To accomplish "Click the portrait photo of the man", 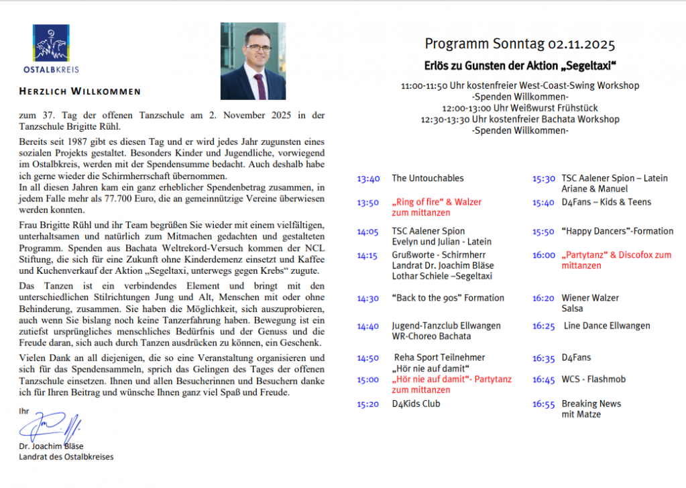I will (253, 61).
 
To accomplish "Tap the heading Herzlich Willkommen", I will (79, 91).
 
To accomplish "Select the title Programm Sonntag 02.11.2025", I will (520, 45).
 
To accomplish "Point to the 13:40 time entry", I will (368, 179).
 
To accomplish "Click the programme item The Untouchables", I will (427, 179).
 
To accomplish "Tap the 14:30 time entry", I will (368, 298).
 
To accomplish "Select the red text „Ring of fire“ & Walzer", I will (437, 202).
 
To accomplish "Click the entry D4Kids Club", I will (416, 404).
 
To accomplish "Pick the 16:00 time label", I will (544, 255).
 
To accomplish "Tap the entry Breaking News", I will (591, 404).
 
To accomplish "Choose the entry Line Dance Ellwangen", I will (606, 326).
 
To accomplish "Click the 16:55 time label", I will (544, 404).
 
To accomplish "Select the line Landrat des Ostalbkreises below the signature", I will (66, 457).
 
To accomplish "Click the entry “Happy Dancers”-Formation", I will (617, 232).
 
